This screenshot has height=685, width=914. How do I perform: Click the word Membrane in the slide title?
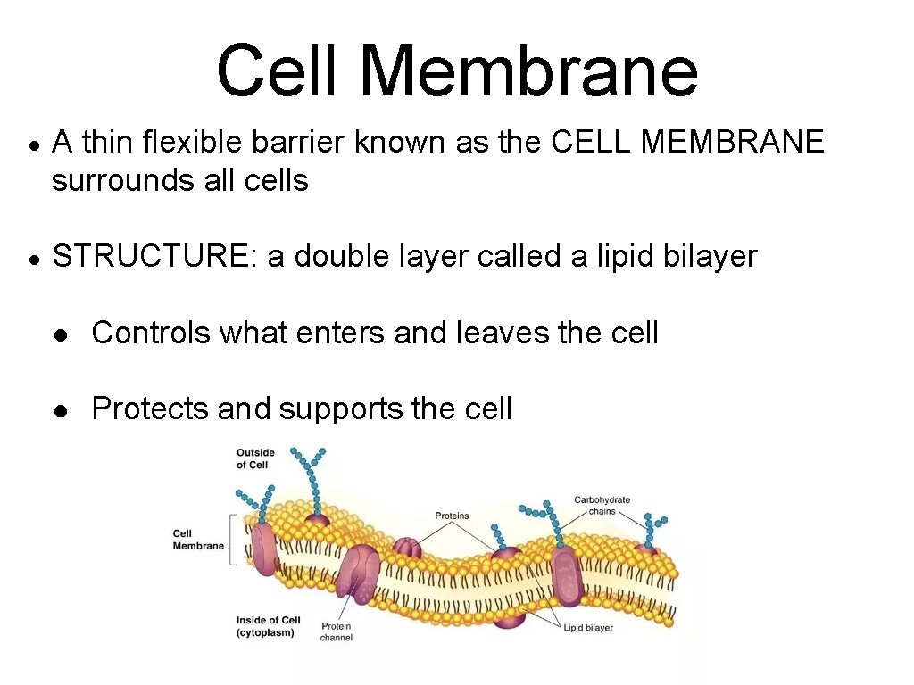coord(529,71)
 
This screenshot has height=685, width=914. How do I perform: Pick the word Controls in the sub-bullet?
coord(151,333)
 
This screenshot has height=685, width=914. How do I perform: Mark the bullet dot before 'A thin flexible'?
coord(32,143)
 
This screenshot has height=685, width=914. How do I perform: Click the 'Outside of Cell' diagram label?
coord(255,458)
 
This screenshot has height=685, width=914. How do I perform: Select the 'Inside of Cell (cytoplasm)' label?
coord(268,626)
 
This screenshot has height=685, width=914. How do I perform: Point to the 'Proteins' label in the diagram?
coord(452,516)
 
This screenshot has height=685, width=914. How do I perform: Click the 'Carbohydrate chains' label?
coord(602,505)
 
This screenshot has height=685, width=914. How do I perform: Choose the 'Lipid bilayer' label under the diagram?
coord(588,628)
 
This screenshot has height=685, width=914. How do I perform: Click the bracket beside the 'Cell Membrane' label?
coord(233,539)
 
